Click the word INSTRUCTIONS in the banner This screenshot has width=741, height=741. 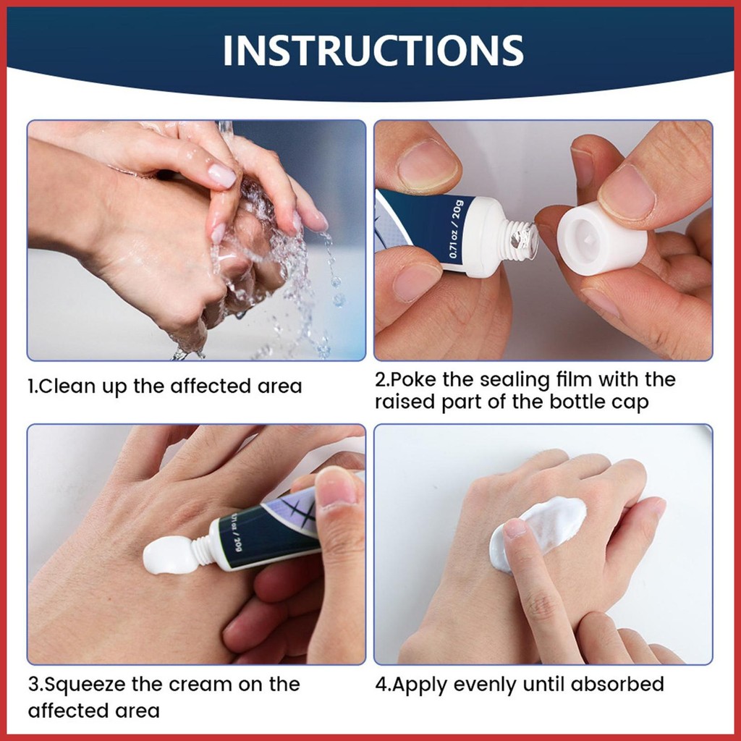[373, 50]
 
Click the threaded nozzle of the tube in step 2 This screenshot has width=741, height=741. [520, 239]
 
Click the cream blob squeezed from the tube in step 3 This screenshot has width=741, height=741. [169, 555]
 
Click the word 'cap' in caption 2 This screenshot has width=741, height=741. [632, 402]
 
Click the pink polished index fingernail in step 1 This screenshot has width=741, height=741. [221, 176]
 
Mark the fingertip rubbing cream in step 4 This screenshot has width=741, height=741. [514, 529]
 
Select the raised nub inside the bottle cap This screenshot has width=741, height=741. [589, 240]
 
